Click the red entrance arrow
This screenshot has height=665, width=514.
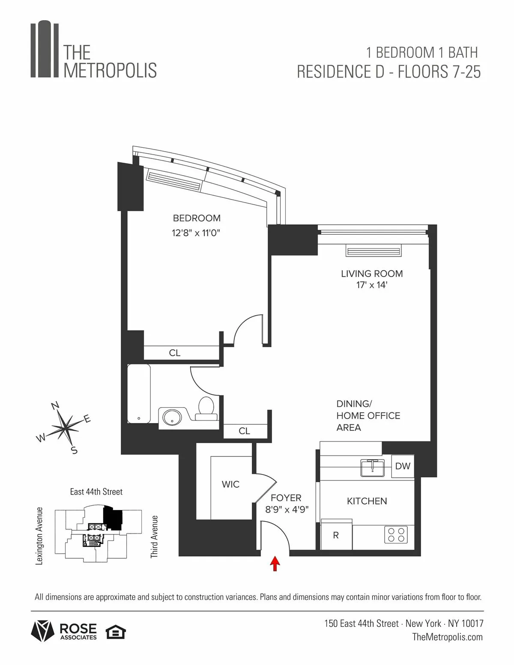coord(275,564)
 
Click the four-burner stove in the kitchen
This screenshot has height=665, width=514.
coord(396,534)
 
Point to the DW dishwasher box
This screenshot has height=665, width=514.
coord(403,466)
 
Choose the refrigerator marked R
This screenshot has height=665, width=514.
coord(336,535)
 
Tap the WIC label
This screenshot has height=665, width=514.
coord(230,484)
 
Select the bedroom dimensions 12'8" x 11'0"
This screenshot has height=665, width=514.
coord(197,233)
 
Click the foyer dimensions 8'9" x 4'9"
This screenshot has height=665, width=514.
coord(287,510)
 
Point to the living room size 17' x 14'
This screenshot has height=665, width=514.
coord(372,285)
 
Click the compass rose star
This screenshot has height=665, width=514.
coord(66,426)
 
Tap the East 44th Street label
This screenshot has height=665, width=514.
coord(96,492)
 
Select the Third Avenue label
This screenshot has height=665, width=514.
coord(154,536)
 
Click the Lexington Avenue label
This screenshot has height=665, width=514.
coord(39,536)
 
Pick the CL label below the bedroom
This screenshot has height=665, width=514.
coord(175,353)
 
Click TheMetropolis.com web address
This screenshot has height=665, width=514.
coord(447,637)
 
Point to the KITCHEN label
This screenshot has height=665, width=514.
coord(367,501)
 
